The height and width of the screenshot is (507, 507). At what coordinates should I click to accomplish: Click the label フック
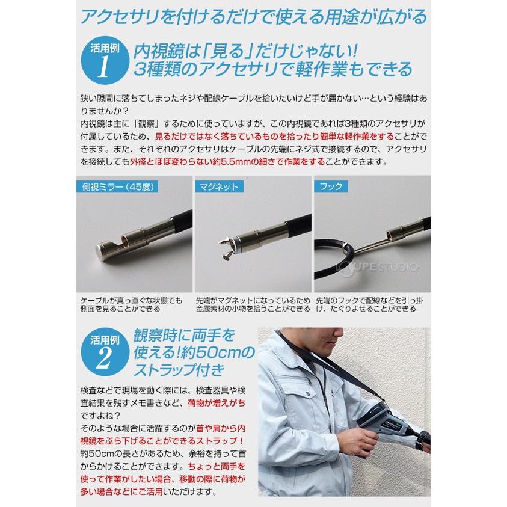pos(330,186)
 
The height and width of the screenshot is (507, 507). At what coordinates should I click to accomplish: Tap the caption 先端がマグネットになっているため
pos(252,300)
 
